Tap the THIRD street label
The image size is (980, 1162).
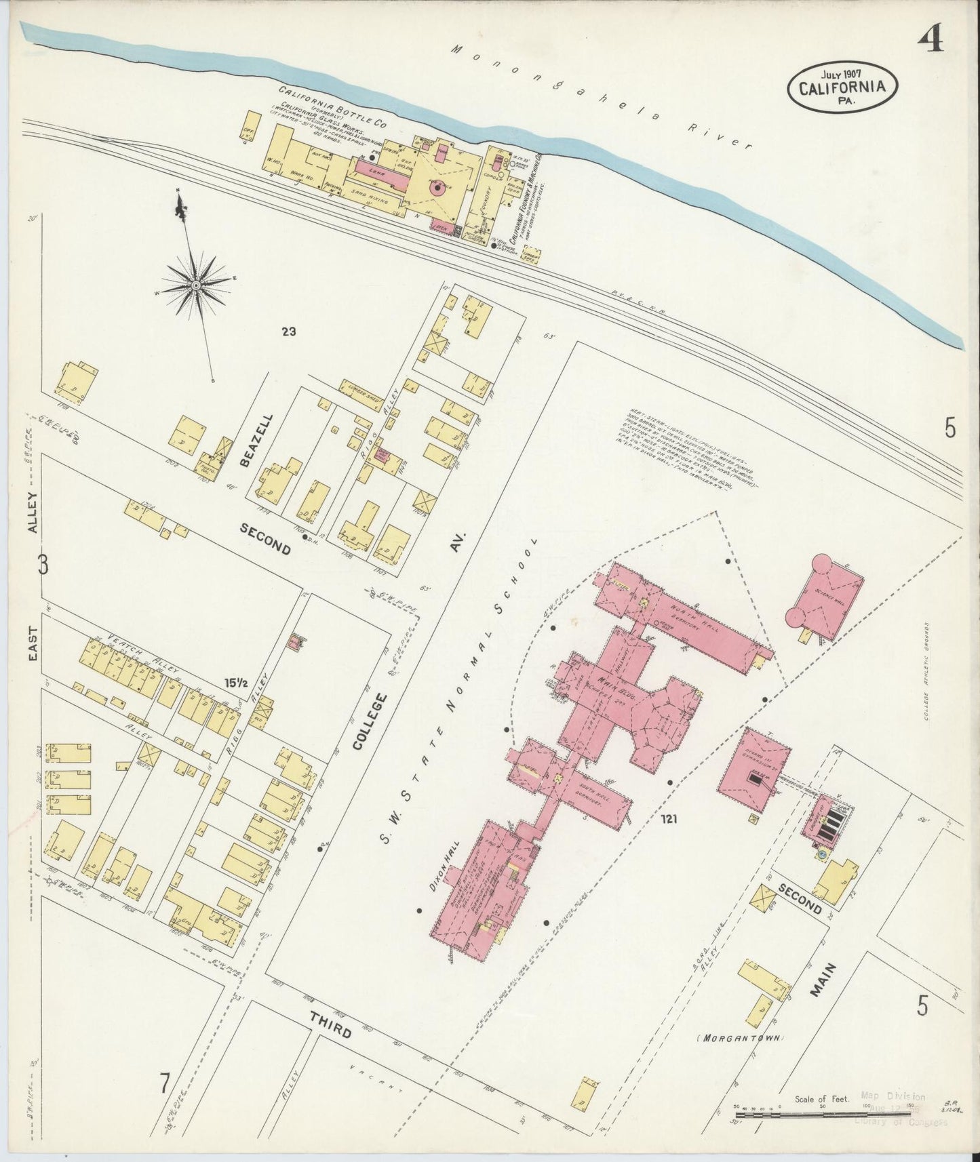[x=330, y=1026]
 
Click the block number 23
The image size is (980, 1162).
[x=290, y=332]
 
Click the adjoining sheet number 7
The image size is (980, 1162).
[x=164, y=1084]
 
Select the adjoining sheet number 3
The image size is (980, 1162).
[x=43, y=565]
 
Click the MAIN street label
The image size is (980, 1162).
[x=821, y=980]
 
